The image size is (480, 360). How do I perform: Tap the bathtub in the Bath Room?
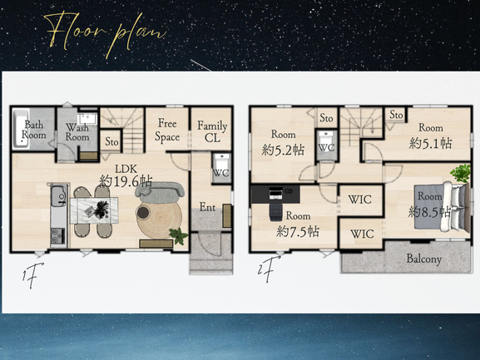point(21,129)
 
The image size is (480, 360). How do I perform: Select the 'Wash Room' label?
point(77,132)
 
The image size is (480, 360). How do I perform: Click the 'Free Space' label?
point(167,131)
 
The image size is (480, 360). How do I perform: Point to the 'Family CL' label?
point(212,131)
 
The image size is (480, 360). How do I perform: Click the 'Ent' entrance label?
point(207,207)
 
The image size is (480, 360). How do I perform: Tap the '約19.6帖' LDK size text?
point(126,181)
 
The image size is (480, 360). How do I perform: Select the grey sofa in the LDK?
point(160,190)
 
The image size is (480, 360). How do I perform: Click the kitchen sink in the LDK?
point(58,195)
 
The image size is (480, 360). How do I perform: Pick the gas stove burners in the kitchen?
point(58,236)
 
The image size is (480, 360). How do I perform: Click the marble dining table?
point(94,210)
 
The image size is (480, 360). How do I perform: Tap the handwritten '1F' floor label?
point(32,275)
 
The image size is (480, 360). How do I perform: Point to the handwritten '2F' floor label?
point(269,269)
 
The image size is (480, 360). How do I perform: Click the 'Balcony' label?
point(424,259)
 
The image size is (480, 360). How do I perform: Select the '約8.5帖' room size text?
point(429,212)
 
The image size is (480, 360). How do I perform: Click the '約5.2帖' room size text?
point(283,150)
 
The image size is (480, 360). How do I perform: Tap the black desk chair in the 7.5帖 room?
point(276,212)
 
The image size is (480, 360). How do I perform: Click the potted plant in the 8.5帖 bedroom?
point(461,173)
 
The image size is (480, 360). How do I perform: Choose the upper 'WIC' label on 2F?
point(359,200)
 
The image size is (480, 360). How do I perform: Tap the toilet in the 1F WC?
point(221,163)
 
